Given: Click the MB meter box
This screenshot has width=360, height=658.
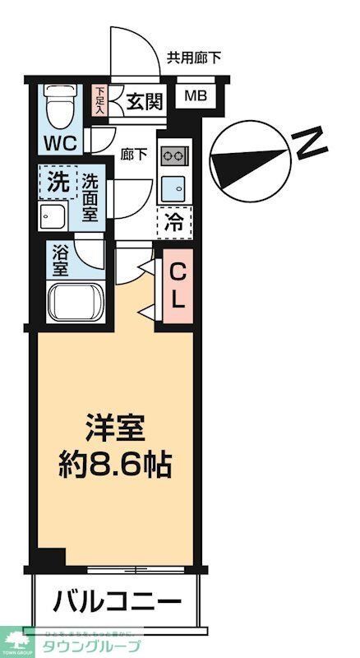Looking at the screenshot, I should tap(196, 95).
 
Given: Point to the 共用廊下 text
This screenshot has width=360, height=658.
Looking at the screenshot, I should tap(193, 58).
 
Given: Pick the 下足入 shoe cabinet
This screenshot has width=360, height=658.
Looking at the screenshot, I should tap(100, 101).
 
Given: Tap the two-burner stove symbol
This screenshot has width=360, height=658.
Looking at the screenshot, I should tap(175, 155).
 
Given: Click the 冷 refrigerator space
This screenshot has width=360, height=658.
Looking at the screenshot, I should tap(174, 221).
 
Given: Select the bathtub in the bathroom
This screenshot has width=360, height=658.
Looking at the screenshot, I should tap(74, 304).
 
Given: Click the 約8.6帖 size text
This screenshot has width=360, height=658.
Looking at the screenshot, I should tap(115, 466).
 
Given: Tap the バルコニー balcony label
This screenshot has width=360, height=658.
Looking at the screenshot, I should tap(117, 603).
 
